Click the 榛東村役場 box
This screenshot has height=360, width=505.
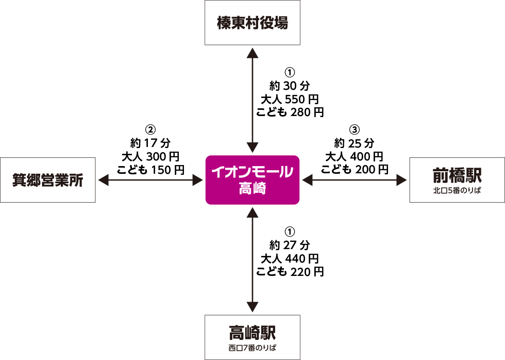(x=252, y=23)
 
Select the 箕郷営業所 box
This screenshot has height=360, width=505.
(x=47, y=179)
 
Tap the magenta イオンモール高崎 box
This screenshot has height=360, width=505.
(x=252, y=179)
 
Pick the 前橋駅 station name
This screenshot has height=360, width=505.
(x=457, y=175)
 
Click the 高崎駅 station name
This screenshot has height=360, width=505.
(x=252, y=330)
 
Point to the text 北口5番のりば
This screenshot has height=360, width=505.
(x=457, y=191)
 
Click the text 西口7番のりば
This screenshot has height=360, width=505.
(x=252, y=347)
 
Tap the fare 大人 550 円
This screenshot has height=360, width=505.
(x=290, y=97)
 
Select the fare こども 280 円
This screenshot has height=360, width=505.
(x=290, y=111)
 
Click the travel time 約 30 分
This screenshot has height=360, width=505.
(x=290, y=85)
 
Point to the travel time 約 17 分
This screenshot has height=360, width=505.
(x=150, y=142)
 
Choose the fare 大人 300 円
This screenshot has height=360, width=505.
(x=150, y=156)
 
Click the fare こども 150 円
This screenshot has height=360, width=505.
(x=150, y=169)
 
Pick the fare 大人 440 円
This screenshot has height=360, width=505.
(x=290, y=258)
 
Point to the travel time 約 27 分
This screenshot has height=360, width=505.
(x=290, y=244)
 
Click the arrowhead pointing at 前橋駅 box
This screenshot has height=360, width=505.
(x=402, y=179)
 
